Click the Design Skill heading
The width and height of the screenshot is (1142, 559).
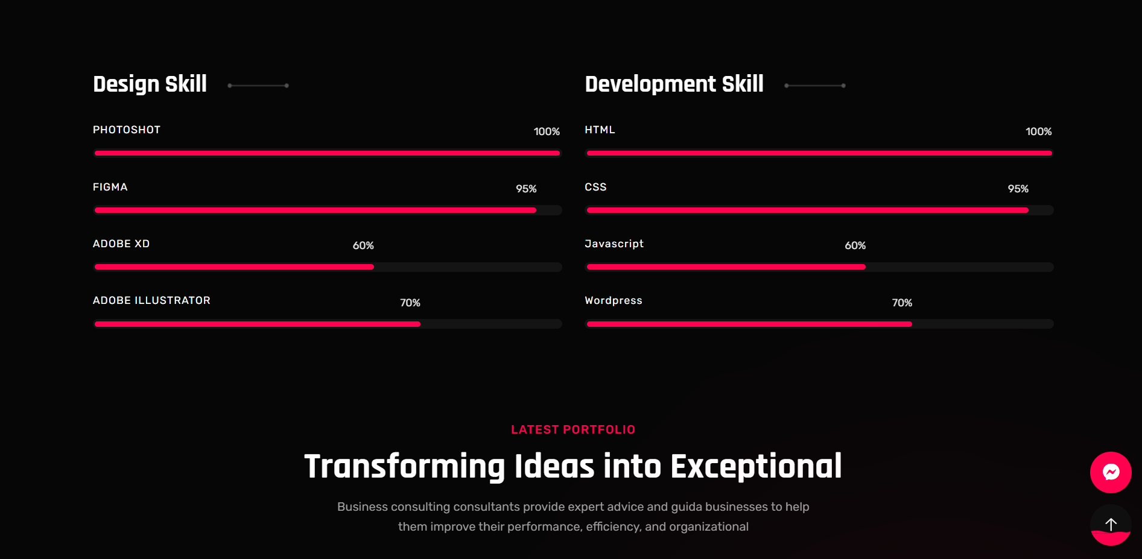point(150,84)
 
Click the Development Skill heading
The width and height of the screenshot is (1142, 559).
point(674,84)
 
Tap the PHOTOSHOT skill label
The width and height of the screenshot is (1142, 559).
point(127,130)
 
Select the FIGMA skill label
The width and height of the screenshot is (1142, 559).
point(110,187)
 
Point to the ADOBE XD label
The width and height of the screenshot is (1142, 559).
point(121,244)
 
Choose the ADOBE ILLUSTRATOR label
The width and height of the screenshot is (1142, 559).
point(151,300)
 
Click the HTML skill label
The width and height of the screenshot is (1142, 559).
point(600,130)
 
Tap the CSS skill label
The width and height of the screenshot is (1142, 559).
point(595,187)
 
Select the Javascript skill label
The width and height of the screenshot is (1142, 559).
point(614,244)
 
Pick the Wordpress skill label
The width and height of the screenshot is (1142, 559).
point(614,300)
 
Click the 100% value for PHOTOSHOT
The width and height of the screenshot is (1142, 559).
point(547,131)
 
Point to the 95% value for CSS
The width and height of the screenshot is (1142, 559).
point(1018,189)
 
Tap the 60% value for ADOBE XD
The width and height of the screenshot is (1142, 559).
point(363,245)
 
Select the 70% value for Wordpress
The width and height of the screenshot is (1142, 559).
point(902,303)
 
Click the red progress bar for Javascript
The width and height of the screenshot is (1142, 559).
point(726,267)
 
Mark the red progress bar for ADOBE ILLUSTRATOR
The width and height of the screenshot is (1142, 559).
point(258,324)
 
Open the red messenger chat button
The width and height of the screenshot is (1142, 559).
point(1111,472)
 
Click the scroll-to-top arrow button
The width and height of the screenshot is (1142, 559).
point(1111,525)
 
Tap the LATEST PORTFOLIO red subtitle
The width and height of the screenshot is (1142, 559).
point(573,429)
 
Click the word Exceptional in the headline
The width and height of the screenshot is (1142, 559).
point(756,467)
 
